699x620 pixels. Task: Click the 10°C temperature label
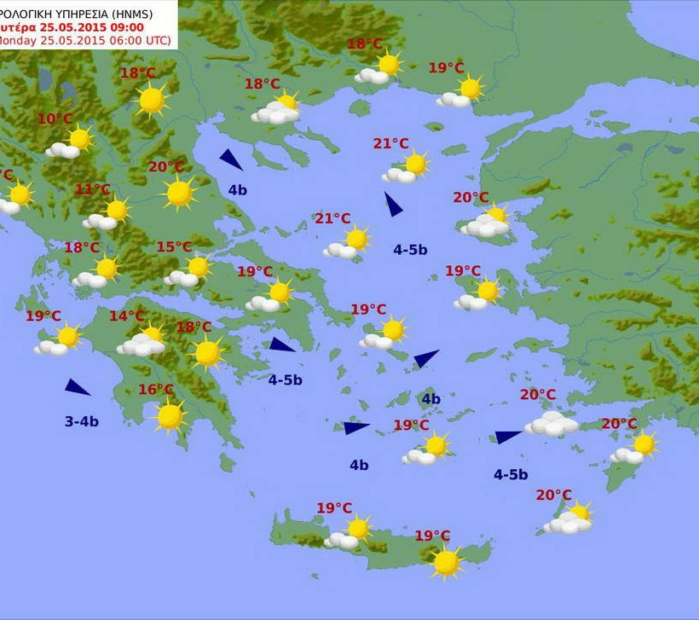pyautogui.click(x=55, y=119)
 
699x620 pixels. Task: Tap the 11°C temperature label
pyautogui.click(x=93, y=189)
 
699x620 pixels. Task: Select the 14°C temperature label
pyautogui.click(x=126, y=316)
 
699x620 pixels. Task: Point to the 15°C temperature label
pyautogui.click(x=174, y=247)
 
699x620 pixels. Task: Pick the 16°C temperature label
pyautogui.click(x=156, y=390)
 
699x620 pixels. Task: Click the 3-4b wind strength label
pyautogui.click(x=82, y=421)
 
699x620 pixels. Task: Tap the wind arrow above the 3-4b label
pyautogui.click(x=77, y=387)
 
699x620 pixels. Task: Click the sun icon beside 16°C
pyautogui.click(x=170, y=416)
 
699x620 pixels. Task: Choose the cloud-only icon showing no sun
pyautogui.click(x=552, y=424)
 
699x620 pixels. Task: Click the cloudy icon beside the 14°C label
pyautogui.click(x=143, y=342)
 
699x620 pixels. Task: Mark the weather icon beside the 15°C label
pyautogui.click(x=189, y=271)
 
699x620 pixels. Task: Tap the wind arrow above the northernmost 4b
pyautogui.click(x=230, y=159)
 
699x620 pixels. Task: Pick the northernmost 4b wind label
pyautogui.click(x=237, y=190)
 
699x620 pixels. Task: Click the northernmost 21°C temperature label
pyautogui.click(x=391, y=143)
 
